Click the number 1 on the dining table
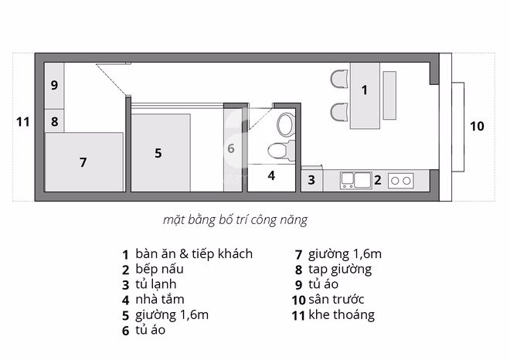coord(365,90)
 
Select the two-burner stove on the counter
coord(401,181)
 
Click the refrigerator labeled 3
coord(311,180)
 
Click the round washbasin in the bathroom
coord(284,123)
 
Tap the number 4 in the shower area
coord(271,175)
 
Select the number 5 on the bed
coord(158,153)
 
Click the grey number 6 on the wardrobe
coord(230,144)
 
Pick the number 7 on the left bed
coord(83,162)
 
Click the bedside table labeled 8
coord(55,121)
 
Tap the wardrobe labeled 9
coord(55,85)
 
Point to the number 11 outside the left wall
coord(22,121)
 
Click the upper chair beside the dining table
coord(338,79)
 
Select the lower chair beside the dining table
coord(338,113)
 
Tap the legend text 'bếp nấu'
coord(158,270)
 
